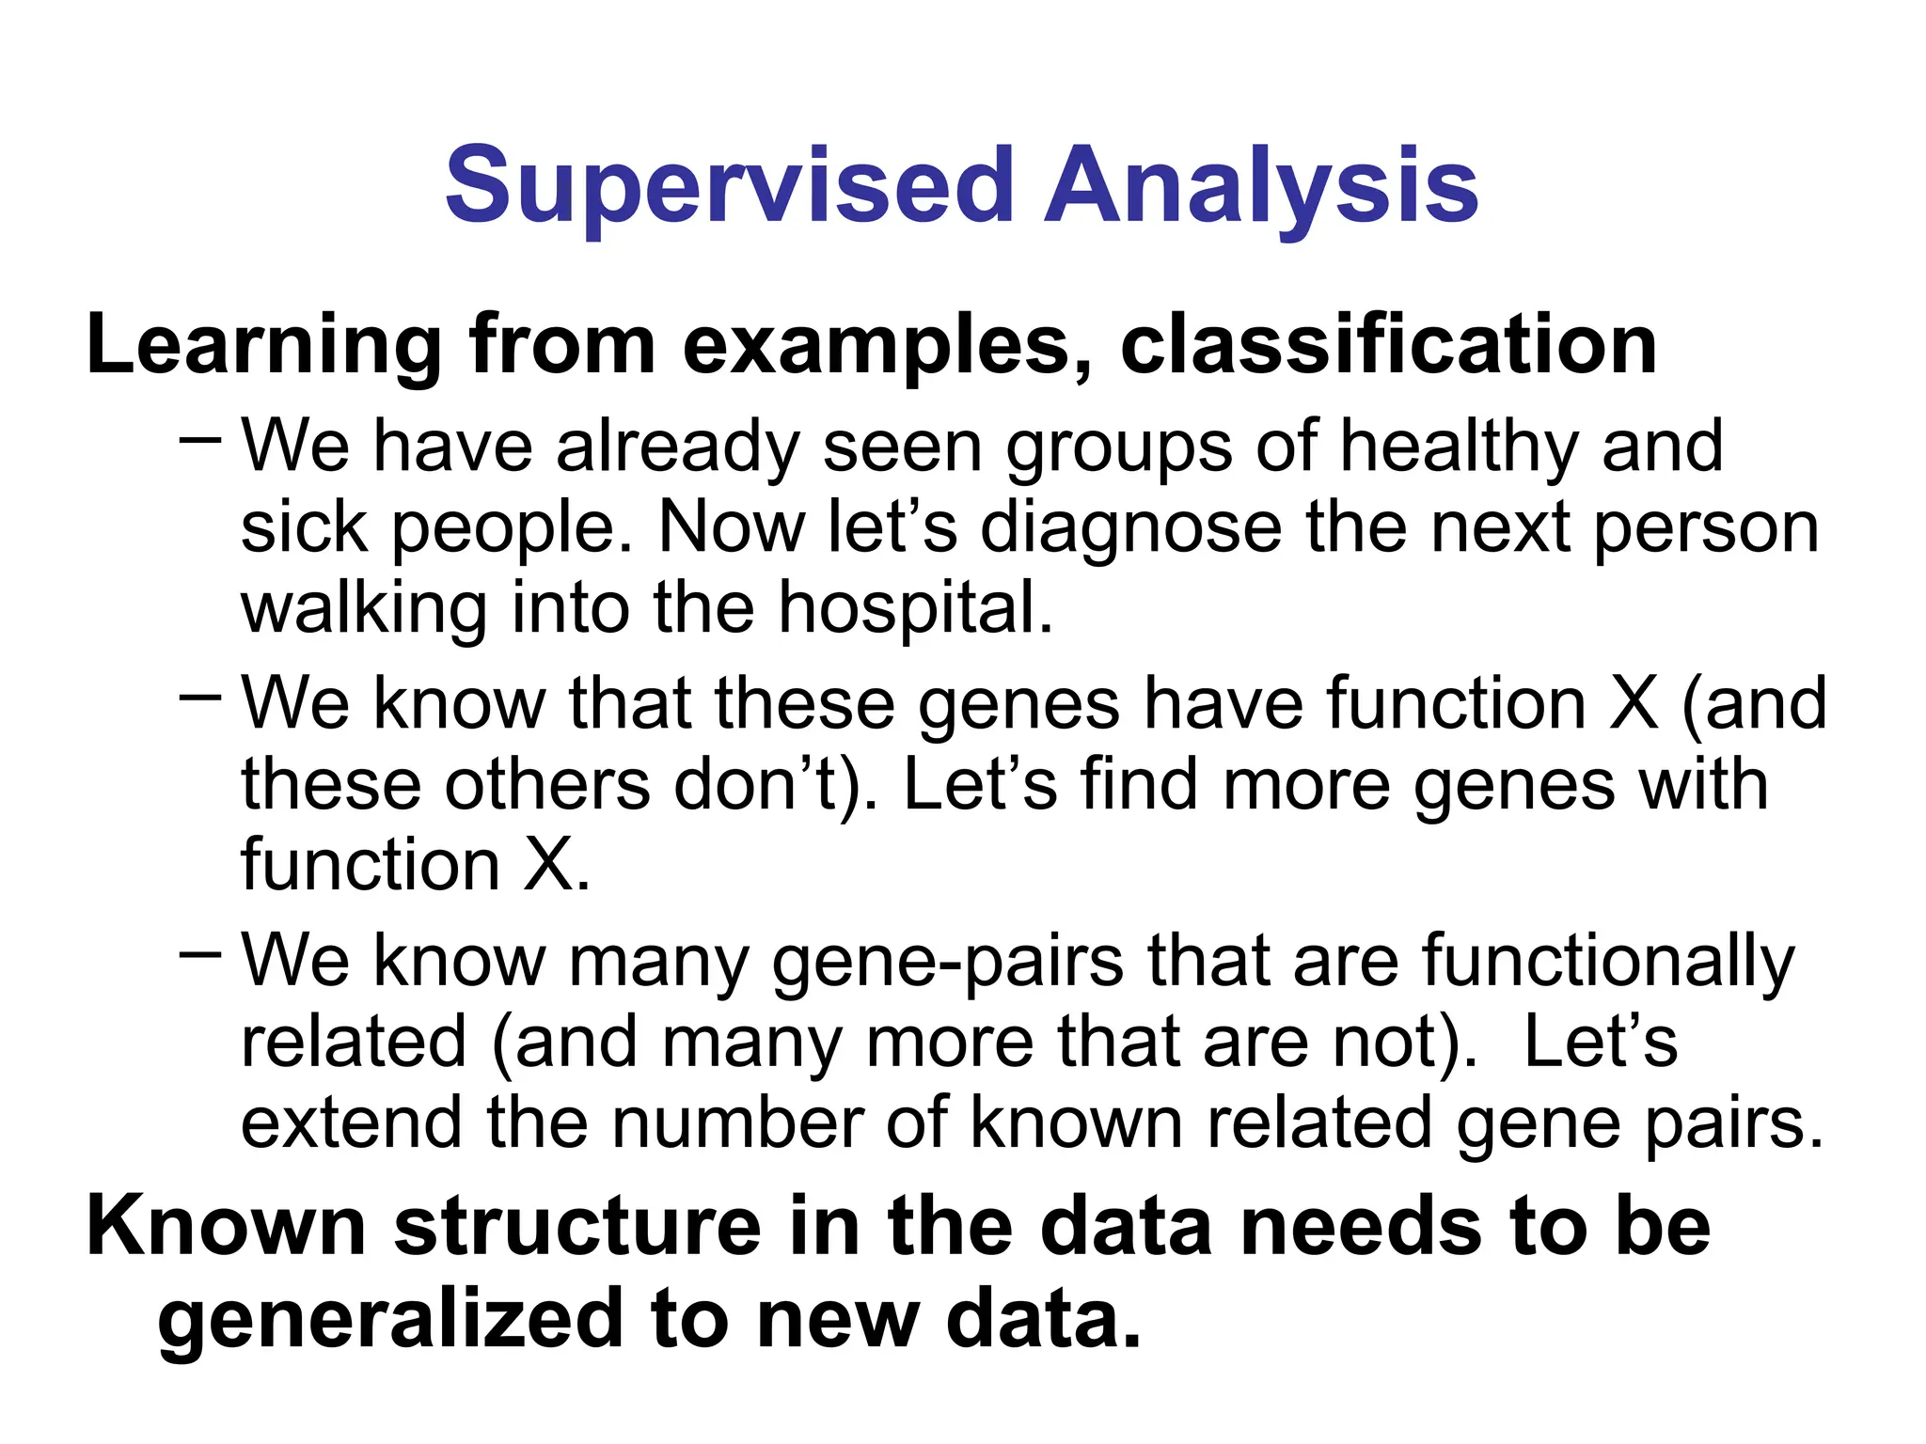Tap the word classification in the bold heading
tap(1388, 345)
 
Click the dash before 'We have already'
tap(200, 439)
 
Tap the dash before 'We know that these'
tap(200, 697)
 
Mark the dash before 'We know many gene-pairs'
tap(200, 954)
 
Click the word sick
tap(304, 528)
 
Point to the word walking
tap(364, 609)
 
